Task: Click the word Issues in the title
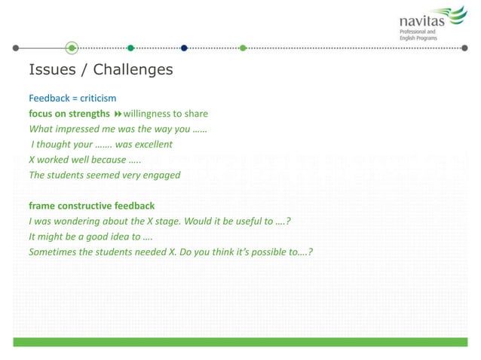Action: coord(52,70)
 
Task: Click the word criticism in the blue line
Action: coord(95,98)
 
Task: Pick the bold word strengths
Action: coord(88,114)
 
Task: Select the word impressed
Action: coord(81,129)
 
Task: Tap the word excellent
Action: coord(154,144)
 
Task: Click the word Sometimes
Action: coord(54,252)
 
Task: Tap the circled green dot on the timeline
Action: coord(72,48)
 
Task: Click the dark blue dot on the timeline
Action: coord(184,48)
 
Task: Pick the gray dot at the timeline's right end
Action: coord(464,48)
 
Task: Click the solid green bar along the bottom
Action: coord(240,342)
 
